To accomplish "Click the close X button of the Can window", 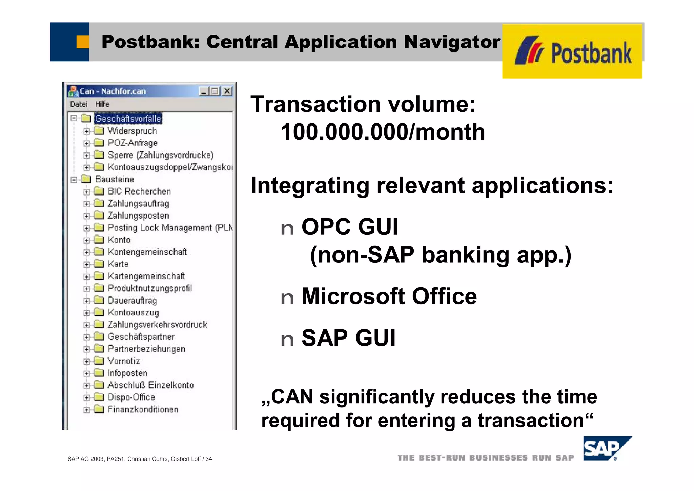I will coord(227,91).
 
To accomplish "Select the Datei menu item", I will coord(79,104).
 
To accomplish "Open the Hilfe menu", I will coord(102,104).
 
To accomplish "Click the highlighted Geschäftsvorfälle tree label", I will coord(128,119).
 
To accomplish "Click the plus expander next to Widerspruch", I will coord(87,131).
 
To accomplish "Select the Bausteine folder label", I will coord(115,179).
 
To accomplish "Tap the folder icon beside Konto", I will coord(99,240).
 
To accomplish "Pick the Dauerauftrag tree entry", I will coord(132,301).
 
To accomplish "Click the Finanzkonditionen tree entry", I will coord(143,409).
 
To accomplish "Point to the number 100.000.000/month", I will coord(383,132).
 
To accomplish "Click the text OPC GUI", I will coord(349,227).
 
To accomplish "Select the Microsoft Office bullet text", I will coord(389,296).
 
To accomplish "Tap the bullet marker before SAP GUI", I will coord(287,339).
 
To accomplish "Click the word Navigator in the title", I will coord(452,42).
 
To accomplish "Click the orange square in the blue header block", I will coord(82,42).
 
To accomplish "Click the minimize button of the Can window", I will coord(203,91).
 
